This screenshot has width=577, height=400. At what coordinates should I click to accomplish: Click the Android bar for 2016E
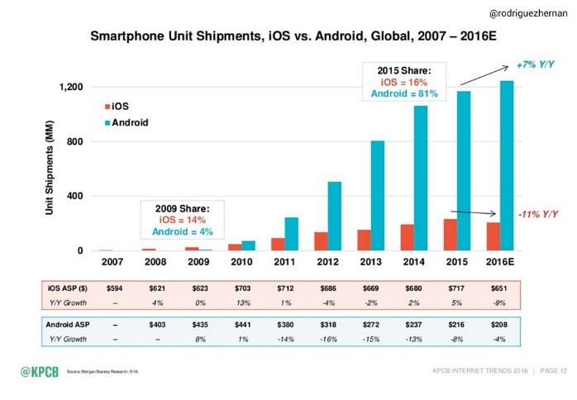point(506,165)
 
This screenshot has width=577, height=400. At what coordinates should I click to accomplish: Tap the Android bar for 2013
point(377,195)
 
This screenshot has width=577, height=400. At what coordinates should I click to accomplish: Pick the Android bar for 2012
point(334,216)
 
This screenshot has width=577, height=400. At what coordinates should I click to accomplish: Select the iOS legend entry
point(116,107)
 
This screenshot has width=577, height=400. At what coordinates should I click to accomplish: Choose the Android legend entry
point(124,122)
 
